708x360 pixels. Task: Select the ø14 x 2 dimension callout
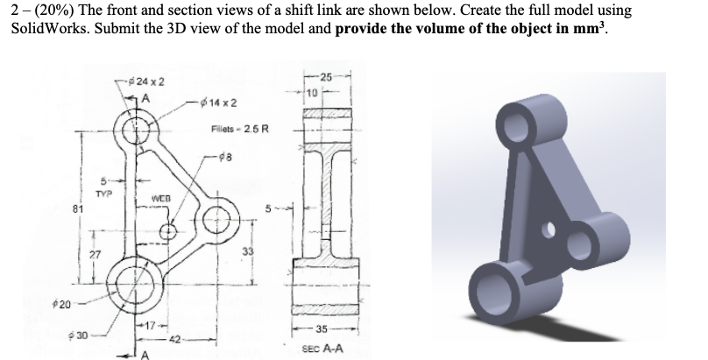pos(212,103)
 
